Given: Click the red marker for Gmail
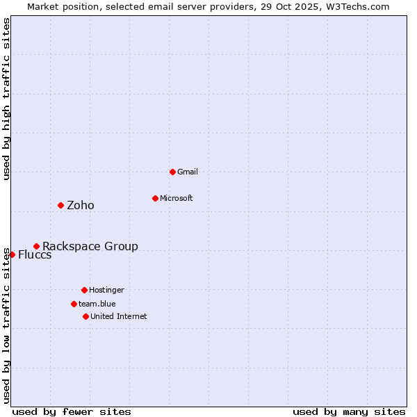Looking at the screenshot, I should click(x=172, y=172).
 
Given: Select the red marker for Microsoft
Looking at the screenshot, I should click(x=155, y=198).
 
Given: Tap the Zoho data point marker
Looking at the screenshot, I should click(x=60, y=205).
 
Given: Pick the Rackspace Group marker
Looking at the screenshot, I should click(x=36, y=246).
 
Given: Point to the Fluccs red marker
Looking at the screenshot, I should click(x=12, y=254).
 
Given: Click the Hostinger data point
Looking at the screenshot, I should click(x=84, y=290).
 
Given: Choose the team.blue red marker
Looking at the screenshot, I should click(x=74, y=304).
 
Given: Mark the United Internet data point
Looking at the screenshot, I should click(x=85, y=316).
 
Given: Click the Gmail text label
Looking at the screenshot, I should click(x=188, y=172).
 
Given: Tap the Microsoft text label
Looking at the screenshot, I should click(x=177, y=198).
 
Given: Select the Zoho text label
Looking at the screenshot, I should click(x=81, y=205).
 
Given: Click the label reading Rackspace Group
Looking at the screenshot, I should click(x=90, y=246).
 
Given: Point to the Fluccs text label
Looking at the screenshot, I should click(x=35, y=254).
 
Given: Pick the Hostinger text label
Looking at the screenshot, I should click(x=106, y=290).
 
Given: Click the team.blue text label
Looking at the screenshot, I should click(x=97, y=304).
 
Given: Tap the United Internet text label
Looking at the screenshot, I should click(x=119, y=316).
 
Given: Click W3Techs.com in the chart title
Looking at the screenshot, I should click(x=357, y=6).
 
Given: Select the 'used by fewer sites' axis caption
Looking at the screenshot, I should click(x=72, y=411).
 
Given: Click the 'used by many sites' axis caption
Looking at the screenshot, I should click(x=349, y=411).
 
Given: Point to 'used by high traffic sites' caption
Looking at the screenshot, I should click(x=6, y=99).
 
